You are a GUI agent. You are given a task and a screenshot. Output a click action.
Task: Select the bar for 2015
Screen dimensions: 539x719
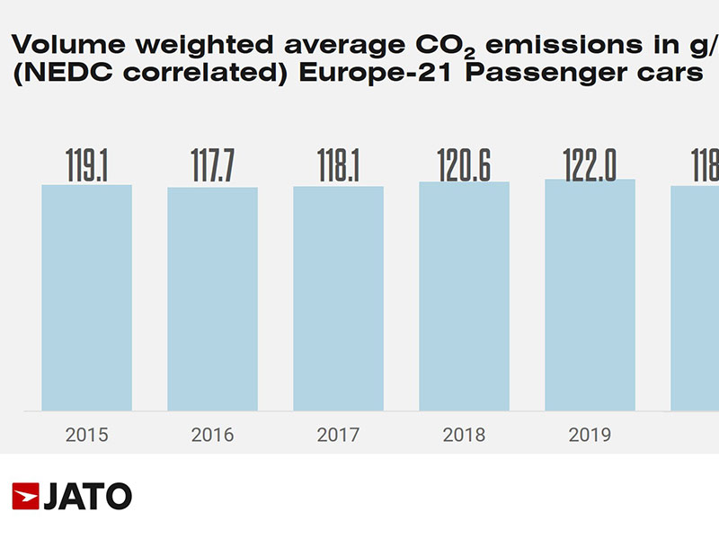click(x=87, y=297)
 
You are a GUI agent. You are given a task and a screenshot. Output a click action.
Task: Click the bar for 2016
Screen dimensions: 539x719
click(x=213, y=298)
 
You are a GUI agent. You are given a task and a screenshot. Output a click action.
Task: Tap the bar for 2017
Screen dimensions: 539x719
click(x=339, y=298)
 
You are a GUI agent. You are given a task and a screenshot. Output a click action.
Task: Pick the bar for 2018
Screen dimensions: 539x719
click(x=465, y=296)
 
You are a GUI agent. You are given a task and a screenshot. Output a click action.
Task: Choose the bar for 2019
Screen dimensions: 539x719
click(x=590, y=295)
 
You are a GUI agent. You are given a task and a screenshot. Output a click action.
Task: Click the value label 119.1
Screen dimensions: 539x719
click(x=87, y=164)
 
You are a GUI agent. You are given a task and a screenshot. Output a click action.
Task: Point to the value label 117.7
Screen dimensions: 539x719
click(x=213, y=166)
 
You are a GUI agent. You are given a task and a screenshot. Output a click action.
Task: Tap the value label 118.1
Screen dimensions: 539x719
click(x=339, y=166)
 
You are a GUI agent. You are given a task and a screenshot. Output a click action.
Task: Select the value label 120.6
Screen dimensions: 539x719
click(x=465, y=163)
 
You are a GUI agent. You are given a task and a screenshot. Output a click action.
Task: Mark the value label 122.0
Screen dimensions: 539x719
click(x=590, y=162)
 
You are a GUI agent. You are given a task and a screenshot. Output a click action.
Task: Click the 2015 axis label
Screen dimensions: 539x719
click(x=87, y=436)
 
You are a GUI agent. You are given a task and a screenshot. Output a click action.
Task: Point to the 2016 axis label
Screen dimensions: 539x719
click(x=213, y=436)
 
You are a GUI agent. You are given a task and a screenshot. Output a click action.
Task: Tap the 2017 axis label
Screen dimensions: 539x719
click(x=339, y=436)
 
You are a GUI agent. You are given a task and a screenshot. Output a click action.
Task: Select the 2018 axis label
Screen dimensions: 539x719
click(x=465, y=436)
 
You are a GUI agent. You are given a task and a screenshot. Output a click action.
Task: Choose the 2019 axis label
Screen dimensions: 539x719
click(x=590, y=436)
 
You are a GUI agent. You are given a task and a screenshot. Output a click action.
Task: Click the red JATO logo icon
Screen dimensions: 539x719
click(x=25, y=496)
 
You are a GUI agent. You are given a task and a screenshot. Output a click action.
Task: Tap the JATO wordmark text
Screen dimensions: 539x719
click(x=88, y=496)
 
